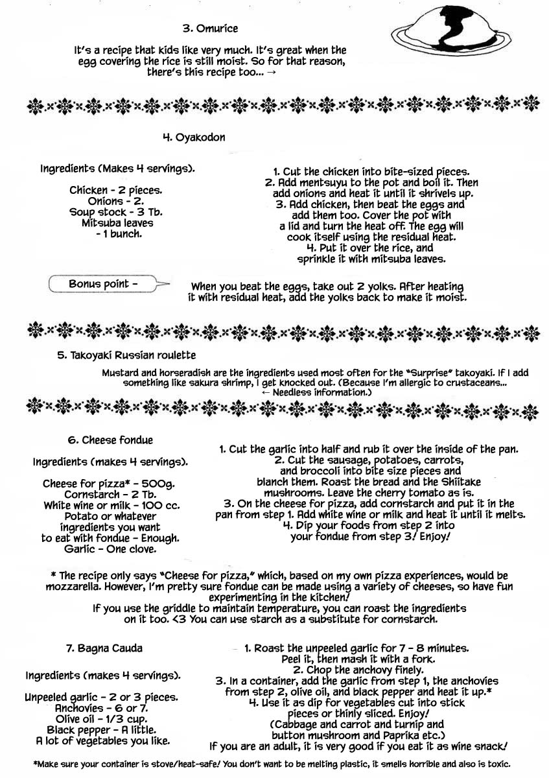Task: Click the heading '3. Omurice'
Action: tap(210, 29)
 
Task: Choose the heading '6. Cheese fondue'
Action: tap(110, 440)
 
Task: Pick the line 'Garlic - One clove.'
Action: tap(110, 548)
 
